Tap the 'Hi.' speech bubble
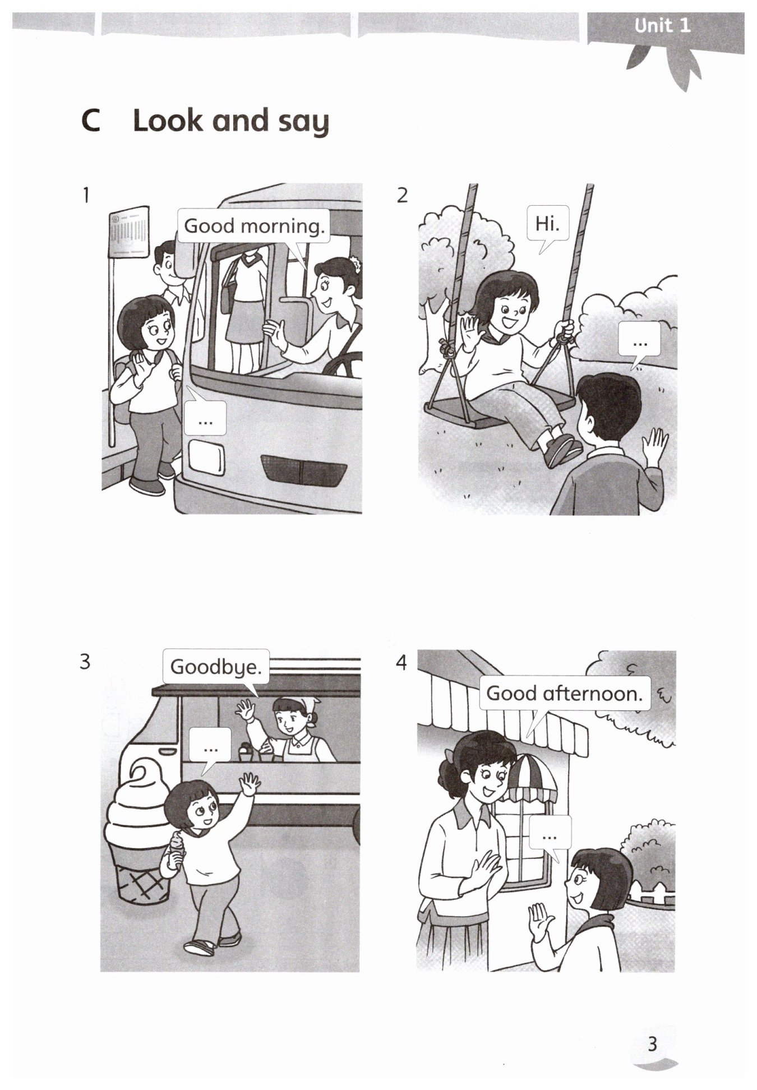548,224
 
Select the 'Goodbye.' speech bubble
216,667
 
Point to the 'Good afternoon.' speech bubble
564,694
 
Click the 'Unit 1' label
662,26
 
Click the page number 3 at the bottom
652,1044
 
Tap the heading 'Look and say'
230,121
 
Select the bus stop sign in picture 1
129,232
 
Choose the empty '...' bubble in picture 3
210,746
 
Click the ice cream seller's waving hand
245,710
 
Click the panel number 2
402,195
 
